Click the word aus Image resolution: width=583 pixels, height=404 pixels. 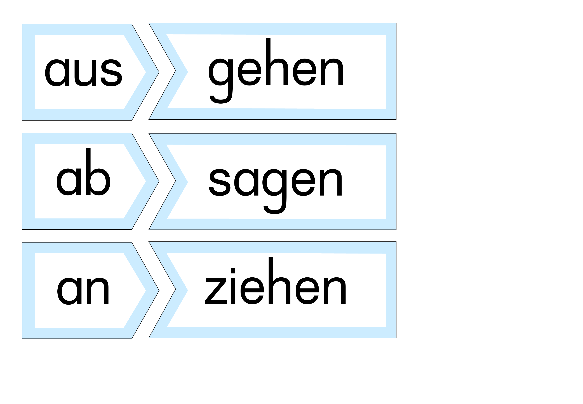pos(83,73)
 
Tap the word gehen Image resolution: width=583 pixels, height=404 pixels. pos(276,71)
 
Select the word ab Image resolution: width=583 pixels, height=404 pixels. pos(83,172)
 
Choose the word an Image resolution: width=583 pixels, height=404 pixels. pos(83,291)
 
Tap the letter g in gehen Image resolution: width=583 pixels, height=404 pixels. pos(220,81)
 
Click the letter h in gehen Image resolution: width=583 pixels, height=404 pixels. pos(277,62)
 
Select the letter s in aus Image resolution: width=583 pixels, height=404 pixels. pos(111,73)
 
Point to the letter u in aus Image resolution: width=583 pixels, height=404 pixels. pos(85,73)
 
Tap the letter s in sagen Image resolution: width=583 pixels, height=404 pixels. pos(219,182)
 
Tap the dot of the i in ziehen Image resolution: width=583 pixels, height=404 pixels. pos(233,271)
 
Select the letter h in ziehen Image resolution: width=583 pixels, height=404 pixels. pos(279,280)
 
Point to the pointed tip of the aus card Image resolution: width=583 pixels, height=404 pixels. pos(159,72)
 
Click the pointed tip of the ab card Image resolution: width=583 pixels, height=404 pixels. pos(159,181)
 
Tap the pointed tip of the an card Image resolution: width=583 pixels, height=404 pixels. pos(159,290)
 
